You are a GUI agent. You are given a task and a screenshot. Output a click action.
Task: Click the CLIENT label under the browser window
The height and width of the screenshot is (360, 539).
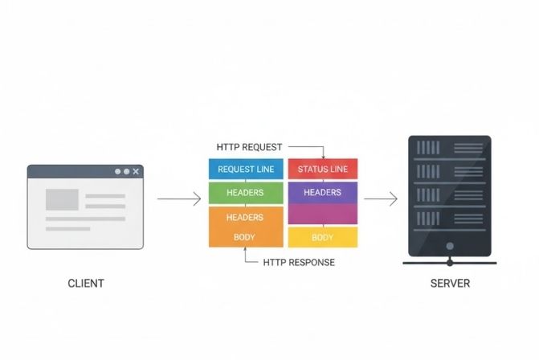click(85, 284)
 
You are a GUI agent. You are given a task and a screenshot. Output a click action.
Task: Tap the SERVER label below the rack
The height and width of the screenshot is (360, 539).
click(450, 284)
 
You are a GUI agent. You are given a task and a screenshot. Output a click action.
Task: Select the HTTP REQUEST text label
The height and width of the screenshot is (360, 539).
click(249, 147)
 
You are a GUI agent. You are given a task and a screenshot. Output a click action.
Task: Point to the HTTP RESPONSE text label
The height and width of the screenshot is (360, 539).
click(299, 263)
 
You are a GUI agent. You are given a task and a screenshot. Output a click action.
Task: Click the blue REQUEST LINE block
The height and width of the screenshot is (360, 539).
click(246, 170)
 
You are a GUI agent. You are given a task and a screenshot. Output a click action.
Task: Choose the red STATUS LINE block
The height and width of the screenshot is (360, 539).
click(322, 170)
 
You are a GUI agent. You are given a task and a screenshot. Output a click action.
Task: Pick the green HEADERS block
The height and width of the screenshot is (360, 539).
click(246, 193)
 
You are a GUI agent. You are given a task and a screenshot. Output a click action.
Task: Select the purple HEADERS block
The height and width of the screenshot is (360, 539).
click(322, 193)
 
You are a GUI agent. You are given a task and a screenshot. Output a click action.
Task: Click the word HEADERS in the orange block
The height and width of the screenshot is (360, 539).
click(245, 218)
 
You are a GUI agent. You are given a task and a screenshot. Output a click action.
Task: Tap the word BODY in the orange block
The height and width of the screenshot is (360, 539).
click(245, 237)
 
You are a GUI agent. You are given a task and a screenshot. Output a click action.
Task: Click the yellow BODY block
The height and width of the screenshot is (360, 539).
click(322, 237)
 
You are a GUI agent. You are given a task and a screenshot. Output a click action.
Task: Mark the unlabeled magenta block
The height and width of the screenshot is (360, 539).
click(322, 215)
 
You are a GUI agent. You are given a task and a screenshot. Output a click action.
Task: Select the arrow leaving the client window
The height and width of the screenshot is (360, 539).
click(178, 198)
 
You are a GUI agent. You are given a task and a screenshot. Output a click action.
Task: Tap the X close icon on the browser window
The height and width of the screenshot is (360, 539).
click(137, 171)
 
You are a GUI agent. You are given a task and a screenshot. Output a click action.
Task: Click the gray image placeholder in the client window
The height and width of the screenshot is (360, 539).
click(62, 199)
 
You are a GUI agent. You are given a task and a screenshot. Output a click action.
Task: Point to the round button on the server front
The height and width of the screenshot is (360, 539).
click(450, 246)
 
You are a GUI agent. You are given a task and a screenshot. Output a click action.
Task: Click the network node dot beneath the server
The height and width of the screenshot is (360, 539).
click(450, 262)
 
